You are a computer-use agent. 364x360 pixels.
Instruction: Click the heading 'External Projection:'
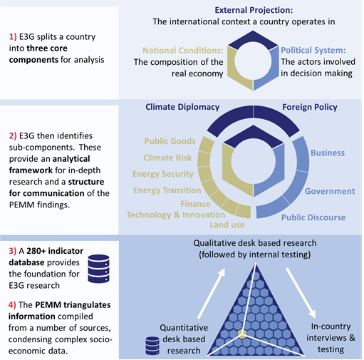254,11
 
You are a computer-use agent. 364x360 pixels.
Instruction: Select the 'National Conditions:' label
183,51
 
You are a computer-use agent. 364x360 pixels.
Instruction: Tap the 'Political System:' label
313,51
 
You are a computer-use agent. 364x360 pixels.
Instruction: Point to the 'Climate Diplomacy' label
182,107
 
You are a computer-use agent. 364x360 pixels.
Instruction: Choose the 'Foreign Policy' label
310,107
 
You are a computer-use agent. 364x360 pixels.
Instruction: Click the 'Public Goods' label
170,141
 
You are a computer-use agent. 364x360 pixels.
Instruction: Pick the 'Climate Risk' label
167,158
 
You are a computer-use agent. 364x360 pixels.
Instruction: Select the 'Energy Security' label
163,174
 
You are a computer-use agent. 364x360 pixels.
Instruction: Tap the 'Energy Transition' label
167,190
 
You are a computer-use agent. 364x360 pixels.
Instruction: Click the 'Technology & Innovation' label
176,215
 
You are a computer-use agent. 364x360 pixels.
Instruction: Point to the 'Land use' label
227,225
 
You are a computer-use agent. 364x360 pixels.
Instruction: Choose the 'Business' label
328,153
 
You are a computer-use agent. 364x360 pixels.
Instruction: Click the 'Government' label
330,191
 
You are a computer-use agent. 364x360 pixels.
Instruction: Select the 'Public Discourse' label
313,217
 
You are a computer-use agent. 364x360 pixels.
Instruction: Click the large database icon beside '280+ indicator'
98,269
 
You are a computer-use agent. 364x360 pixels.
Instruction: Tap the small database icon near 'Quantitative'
152,346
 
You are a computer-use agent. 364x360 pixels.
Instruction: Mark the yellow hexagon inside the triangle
242,334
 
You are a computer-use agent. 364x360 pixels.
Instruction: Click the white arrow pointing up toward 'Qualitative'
211,293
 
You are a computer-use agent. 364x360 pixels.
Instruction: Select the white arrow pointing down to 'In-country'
301,293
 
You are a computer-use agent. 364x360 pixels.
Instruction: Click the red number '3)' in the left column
13,251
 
